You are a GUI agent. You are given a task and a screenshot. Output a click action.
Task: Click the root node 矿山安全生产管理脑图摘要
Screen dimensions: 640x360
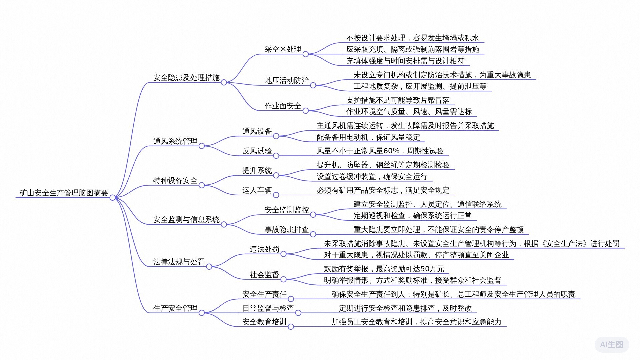click(x=64, y=193)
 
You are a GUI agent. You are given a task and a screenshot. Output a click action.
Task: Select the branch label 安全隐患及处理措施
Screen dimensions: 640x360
click(x=186, y=78)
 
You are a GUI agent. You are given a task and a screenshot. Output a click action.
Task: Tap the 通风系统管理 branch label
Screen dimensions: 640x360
click(x=175, y=141)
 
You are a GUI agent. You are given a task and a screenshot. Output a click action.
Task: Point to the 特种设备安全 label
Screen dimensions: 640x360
click(x=175, y=181)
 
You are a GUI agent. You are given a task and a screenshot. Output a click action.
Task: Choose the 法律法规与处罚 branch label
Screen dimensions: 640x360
click(x=179, y=262)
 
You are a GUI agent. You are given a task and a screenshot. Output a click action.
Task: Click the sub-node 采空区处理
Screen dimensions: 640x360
click(x=283, y=49)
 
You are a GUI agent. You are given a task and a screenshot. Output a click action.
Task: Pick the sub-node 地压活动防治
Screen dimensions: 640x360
click(x=287, y=81)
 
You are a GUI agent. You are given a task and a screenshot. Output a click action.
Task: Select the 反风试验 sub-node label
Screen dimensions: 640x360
click(x=257, y=151)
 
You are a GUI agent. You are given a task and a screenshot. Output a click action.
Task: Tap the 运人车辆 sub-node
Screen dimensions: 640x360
click(x=257, y=190)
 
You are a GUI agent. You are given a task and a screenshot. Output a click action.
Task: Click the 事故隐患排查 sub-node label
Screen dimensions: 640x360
click(x=287, y=230)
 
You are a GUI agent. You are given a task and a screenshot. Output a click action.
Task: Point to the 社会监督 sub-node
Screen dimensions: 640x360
click(x=264, y=275)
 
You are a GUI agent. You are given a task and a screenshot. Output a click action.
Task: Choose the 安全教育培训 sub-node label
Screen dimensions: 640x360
click(x=264, y=322)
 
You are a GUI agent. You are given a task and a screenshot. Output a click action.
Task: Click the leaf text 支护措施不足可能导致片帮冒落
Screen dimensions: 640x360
click(x=398, y=100)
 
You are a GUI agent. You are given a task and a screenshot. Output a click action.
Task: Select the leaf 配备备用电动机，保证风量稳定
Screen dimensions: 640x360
click(x=368, y=137)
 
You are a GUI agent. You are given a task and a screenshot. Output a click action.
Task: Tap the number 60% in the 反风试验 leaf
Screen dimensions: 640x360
click(x=391, y=151)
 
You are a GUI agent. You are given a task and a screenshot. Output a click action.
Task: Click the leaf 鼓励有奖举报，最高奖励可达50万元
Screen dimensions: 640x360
click(x=384, y=269)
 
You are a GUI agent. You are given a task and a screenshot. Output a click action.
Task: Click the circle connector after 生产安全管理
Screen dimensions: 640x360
click(x=202, y=313)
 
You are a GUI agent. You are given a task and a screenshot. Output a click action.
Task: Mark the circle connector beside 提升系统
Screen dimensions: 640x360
click(x=276, y=175)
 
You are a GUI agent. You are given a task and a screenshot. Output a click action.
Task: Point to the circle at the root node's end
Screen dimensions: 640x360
click(x=113, y=198)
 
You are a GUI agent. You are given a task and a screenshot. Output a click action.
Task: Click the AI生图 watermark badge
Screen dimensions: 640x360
click(x=612, y=345)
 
